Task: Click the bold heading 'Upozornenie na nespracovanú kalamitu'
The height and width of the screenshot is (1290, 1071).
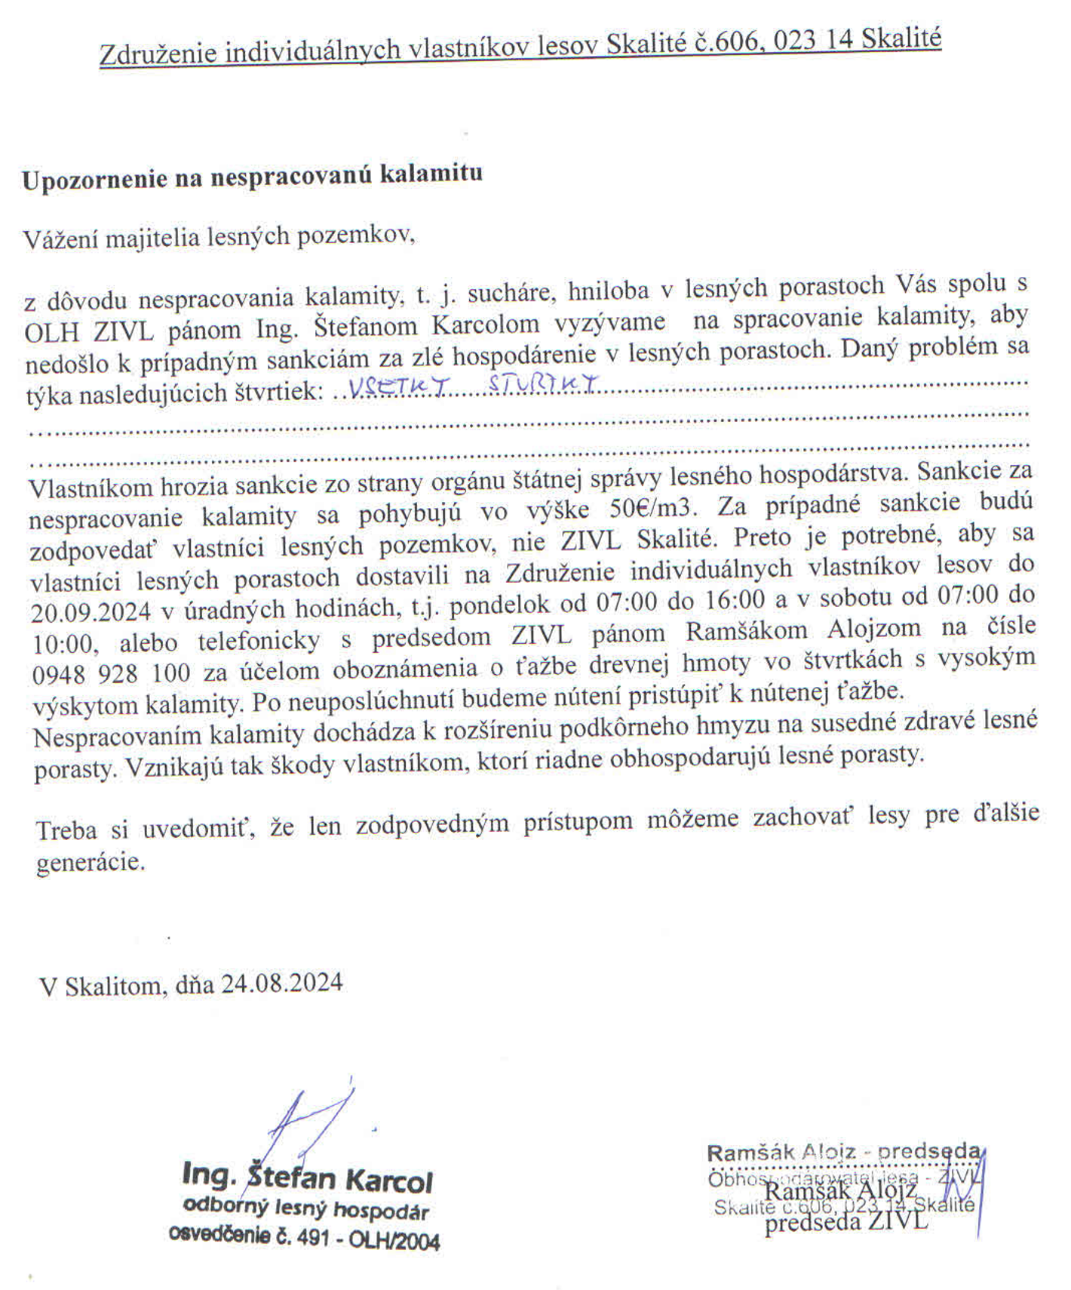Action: [x=252, y=177]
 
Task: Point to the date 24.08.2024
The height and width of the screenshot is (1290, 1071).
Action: [x=281, y=983]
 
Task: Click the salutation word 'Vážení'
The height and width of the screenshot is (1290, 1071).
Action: [x=61, y=239]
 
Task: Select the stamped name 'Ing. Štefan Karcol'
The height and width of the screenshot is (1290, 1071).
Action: [x=307, y=1178]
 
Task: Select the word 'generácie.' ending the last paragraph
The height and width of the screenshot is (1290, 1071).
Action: [x=91, y=862]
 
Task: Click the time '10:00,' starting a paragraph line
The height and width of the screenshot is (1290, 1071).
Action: [x=64, y=644]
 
